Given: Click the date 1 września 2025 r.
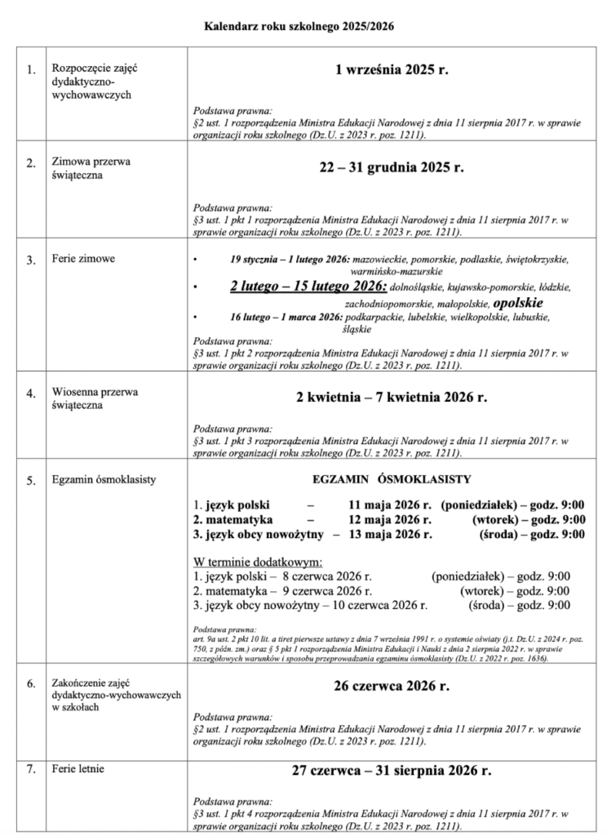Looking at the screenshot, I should [x=392, y=72].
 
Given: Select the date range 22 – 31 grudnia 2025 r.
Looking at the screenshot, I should [x=391, y=168].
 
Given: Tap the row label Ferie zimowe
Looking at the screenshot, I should [x=82, y=260].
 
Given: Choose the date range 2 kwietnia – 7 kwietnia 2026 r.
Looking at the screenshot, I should [x=391, y=398].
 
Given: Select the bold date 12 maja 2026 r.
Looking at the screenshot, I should [x=388, y=518].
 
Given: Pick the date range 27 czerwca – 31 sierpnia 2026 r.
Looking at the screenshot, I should [x=392, y=770].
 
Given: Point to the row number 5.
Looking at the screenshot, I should [x=30, y=481].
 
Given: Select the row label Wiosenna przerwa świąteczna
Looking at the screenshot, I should [x=94, y=398].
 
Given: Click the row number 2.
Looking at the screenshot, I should [x=30, y=163].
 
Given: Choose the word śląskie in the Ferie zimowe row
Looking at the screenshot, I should [x=357, y=329].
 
